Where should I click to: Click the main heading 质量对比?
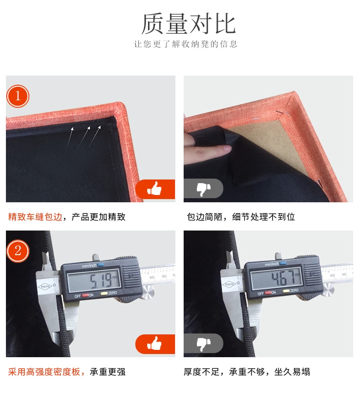188,24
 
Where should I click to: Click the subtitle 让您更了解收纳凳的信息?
185,44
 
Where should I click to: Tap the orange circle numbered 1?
18,96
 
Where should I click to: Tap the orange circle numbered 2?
18,251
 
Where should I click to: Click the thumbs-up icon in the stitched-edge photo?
154,189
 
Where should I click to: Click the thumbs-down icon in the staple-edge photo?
203,189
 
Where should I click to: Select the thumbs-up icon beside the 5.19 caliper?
154,344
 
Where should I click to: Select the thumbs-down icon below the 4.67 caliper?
203,344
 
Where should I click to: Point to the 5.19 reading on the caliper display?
101,280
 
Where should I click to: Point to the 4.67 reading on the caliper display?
283,277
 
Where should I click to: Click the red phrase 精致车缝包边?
35,217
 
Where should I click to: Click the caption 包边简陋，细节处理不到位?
241,217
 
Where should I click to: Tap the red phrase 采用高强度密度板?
44,372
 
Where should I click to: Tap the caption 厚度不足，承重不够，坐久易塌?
247,372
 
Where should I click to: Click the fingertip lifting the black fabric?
227,148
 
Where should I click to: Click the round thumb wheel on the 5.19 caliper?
149,292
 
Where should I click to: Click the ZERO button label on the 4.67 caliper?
294,291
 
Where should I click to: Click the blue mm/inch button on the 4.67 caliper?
283,263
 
